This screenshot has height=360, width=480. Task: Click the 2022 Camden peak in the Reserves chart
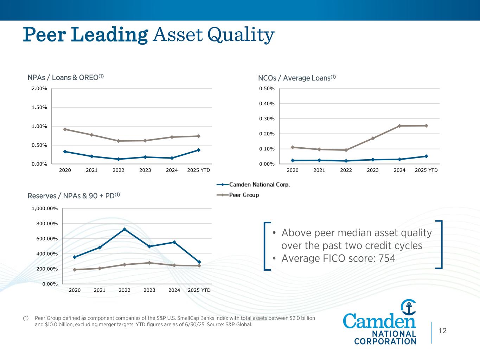tap(124, 230)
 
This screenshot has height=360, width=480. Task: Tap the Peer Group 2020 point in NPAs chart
tap(65, 129)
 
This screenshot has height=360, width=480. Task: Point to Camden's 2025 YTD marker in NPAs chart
tap(199, 150)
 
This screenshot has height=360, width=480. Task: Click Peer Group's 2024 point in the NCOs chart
tap(399, 126)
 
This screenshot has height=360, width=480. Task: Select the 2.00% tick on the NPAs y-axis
tap(39, 88)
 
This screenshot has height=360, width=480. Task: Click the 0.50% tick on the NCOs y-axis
tap(267, 88)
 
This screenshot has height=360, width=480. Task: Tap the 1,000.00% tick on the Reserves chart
tap(45, 208)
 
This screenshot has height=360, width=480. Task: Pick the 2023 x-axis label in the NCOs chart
tap(373, 170)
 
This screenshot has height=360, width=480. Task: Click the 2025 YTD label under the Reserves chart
tap(199, 290)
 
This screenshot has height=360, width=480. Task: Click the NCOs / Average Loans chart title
tap(297, 78)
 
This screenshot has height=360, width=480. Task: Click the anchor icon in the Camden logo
tap(409, 308)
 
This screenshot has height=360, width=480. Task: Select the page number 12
tap(442, 330)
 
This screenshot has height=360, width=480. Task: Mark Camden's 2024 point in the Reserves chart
tap(174, 242)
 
